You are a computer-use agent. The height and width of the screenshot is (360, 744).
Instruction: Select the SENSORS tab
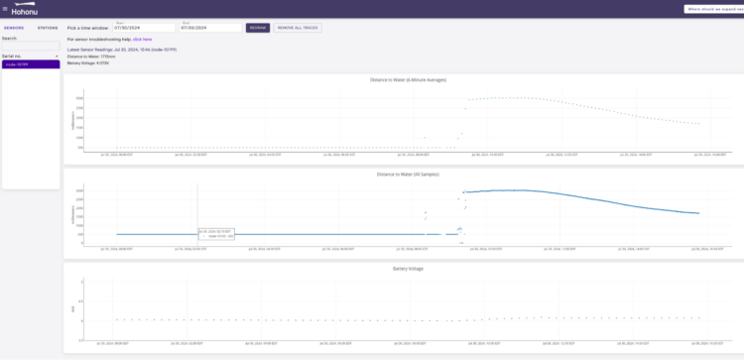click(14, 28)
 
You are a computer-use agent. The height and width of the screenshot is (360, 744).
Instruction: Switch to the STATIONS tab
click(47, 28)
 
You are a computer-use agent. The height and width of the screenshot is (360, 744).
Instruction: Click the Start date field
click(136, 28)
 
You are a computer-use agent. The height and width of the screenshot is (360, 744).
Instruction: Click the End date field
click(203, 28)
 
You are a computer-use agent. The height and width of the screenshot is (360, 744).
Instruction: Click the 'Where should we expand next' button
click(713, 9)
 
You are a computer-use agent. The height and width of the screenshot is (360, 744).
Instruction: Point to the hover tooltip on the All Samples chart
click(216, 234)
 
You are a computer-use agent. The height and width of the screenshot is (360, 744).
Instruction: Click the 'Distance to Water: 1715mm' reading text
click(91, 56)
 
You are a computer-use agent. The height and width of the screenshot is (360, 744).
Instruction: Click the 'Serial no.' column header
click(12, 56)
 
